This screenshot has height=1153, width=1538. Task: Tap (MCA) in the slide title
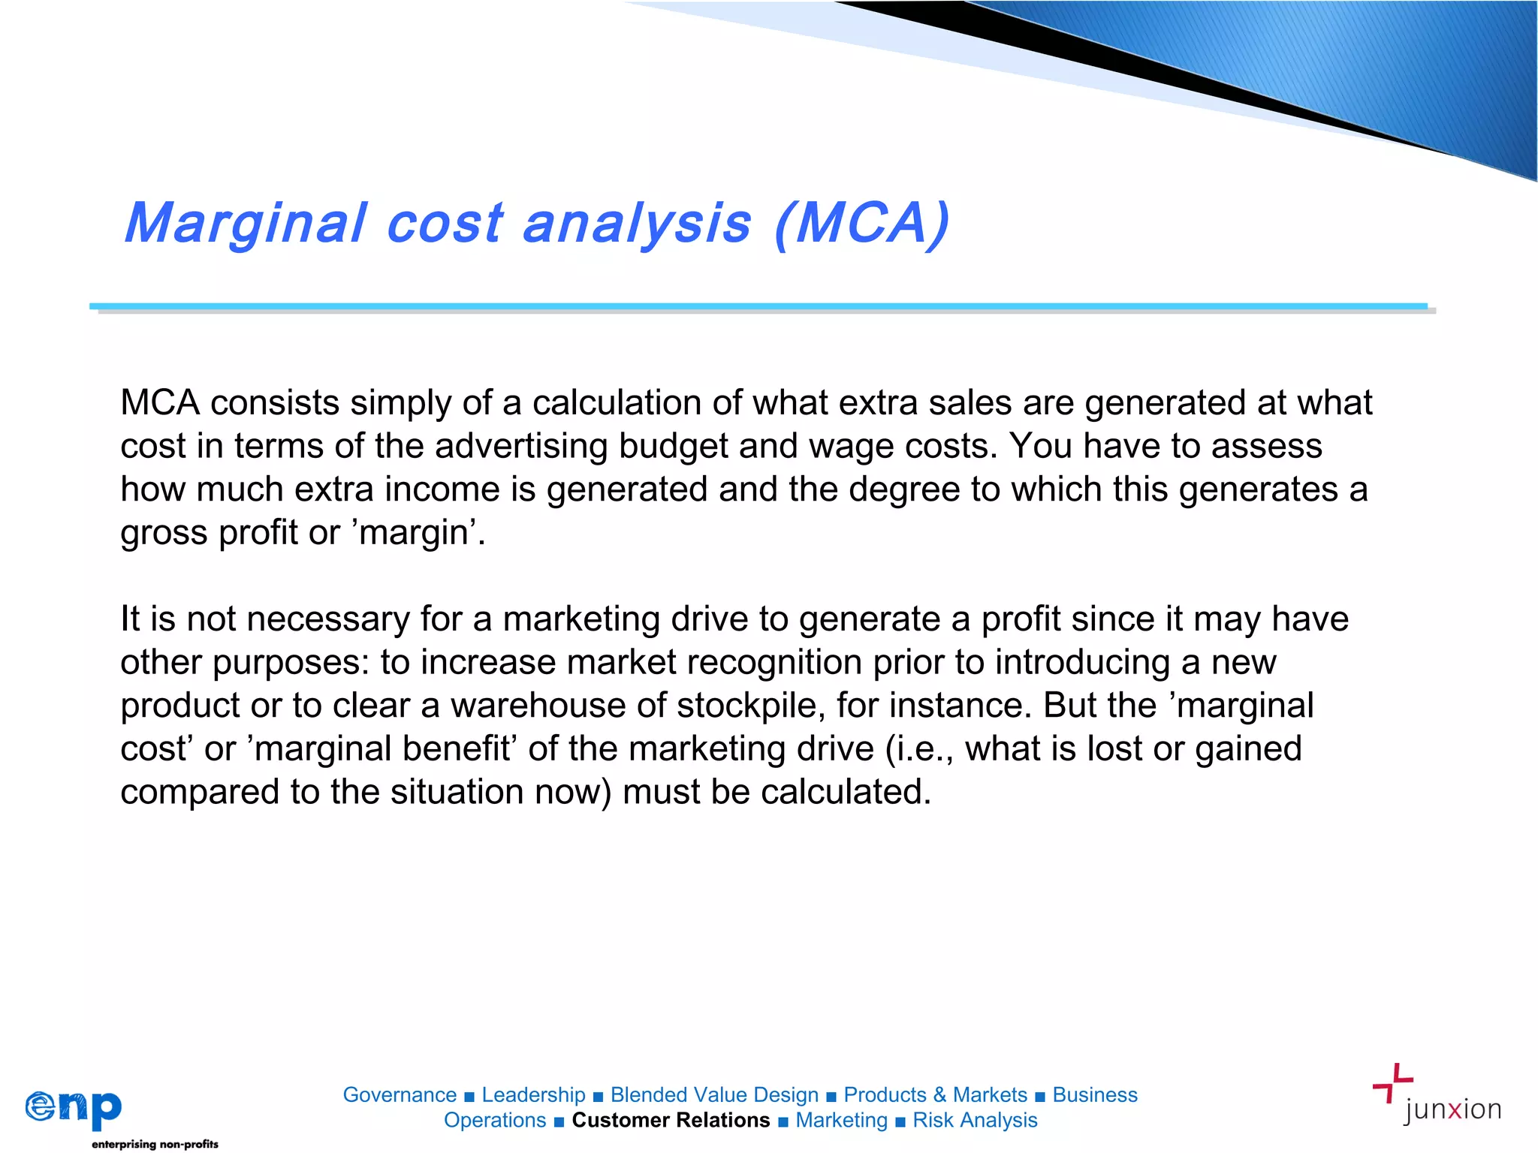coord(862,224)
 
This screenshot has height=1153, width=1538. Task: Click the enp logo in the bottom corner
coord(74,1108)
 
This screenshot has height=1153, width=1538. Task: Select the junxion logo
coord(1437,1095)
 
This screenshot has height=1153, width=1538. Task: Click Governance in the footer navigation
coord(400,1095)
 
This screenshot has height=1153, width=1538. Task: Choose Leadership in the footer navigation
coord(533,1095)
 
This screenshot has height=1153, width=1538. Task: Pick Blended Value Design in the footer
coord(714,1095)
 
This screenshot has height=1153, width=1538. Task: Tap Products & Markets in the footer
coord(935,1095)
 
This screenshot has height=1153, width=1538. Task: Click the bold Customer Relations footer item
coord(671,1121)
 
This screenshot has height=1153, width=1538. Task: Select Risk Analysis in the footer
coord(975,1121)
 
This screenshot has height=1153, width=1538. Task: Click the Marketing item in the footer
coord(841,1121)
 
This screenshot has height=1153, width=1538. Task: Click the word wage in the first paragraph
coord(851,447)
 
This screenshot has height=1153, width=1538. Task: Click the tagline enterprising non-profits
coord(155,1144)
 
